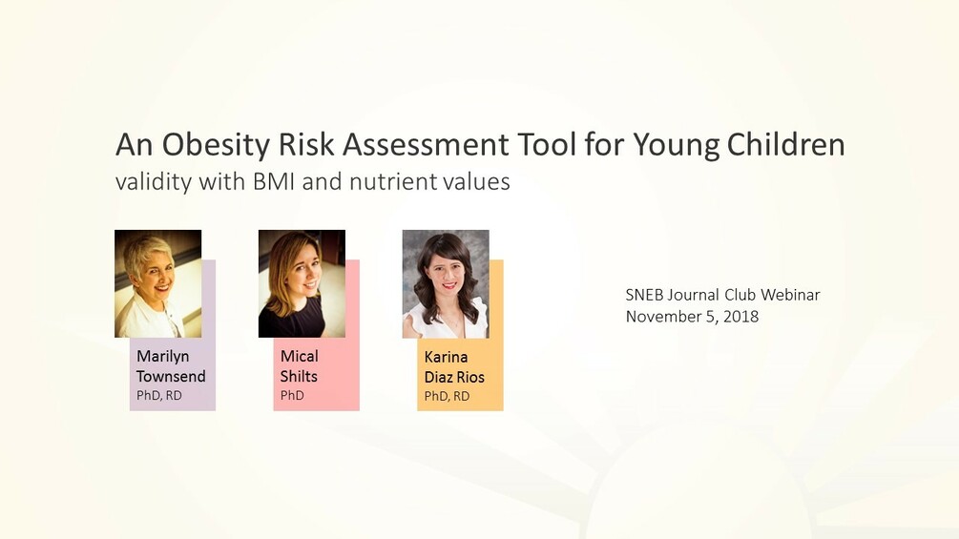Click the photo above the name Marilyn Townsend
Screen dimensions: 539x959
pyautogui.click(x=157, y=283)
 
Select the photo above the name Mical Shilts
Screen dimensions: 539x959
pyautogui.click(x=302, y=283)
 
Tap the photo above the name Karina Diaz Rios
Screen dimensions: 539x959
pyautogui.click(x=446, y=283)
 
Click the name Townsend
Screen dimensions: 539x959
pyautogui.click(x=171, y=376)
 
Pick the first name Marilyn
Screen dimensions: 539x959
pyautogui.click(x=163, y=357)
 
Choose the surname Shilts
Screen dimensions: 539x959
pyautogui.click(x=299, y=376)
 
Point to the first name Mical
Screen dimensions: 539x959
pyautogui.click(x=300, y=357)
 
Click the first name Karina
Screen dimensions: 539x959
pyautogui.click(x=447, y=358)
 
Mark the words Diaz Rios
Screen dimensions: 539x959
pyautogui.click(x=454, y=377)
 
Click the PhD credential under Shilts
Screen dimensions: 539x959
pyautogui.click(x=292, y=395)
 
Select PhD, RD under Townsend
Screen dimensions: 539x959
pyautogui.click(x=159, y=395)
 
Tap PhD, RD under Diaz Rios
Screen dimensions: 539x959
pyautogui.click(x=447, y=396)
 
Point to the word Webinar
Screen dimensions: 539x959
pyautogui.click(x=790, y=295)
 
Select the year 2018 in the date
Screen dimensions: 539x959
pyautogui.click(x=740, y=316)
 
